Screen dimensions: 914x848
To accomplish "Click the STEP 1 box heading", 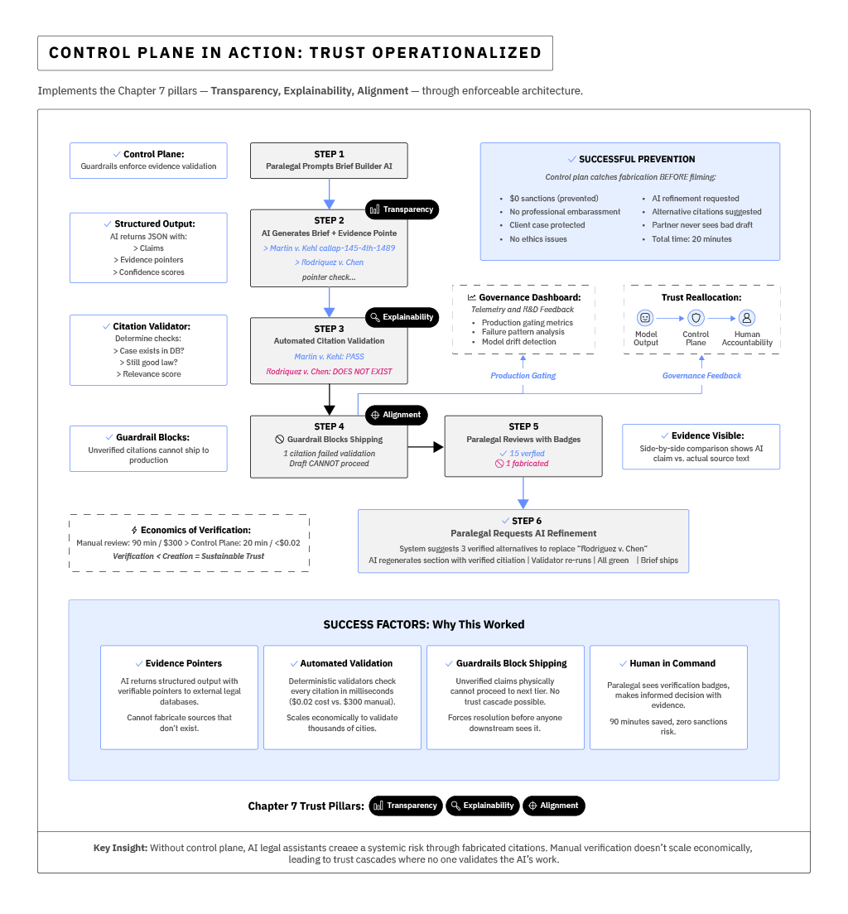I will (x=329, y=154).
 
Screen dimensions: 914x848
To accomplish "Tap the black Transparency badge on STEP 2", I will (x=402, y=209).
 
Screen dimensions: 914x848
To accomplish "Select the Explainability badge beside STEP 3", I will (x=402, y=316).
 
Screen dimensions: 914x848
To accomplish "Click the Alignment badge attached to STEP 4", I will (x=396, y=415).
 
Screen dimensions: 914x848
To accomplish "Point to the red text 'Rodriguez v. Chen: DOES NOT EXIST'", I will (x=329, y=372).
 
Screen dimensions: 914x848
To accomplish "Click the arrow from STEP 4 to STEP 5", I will (x=426, y=447).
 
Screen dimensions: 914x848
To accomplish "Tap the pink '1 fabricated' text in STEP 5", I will (x=523, y=464).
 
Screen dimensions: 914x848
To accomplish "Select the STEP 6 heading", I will (x=523, y=521).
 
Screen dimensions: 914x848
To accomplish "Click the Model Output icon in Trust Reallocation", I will (x=645, y=318).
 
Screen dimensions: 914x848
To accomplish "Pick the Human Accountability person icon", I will (x=746, y=318).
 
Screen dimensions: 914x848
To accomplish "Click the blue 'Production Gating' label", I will (x=523, y=376).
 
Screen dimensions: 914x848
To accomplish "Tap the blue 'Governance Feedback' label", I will (x=701, y=376).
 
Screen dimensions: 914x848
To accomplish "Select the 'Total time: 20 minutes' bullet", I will (x=686, y=239).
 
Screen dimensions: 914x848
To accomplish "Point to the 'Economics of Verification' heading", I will (x=195, y=530).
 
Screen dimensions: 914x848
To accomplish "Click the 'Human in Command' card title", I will (x=673, y=663).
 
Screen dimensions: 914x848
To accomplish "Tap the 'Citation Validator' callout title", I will (x=153, y=327).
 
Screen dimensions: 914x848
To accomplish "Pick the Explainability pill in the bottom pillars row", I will (x=482, y=806).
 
